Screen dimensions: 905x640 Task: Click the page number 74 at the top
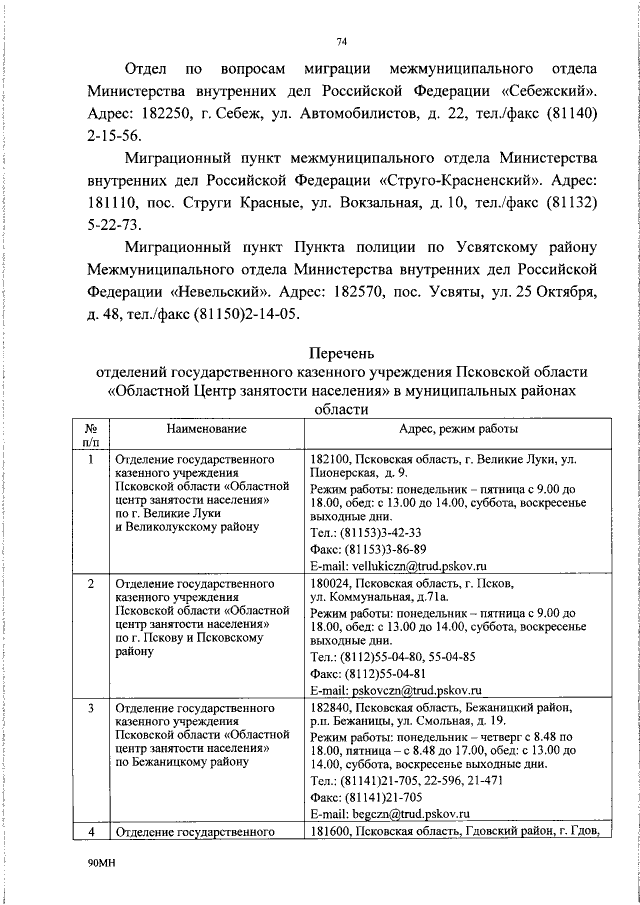coord(341,41)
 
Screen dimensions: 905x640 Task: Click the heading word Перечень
coord(341,351)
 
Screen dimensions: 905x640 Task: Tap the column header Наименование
coord(207,428)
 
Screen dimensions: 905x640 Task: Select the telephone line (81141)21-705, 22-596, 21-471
coord(412,780)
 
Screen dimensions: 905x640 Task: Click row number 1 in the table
coord(91,459)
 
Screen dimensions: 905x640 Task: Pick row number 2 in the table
coord(91,582)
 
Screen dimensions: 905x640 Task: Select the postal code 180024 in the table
coord(332,582)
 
